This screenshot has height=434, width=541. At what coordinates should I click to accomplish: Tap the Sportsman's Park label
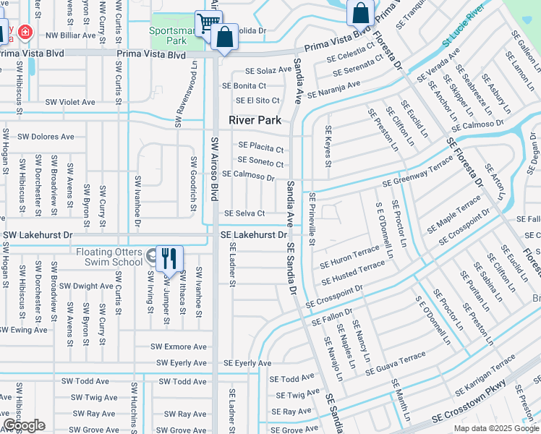click(x=168, y=36)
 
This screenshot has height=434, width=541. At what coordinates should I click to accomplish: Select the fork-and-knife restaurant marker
click(x=169, y=258)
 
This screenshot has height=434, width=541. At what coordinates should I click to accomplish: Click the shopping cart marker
click(x=208, y=22)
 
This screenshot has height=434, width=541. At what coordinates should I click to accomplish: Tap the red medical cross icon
click(x=25, y=33)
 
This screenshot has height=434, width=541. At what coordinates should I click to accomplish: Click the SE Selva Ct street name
click(x=244, y=213)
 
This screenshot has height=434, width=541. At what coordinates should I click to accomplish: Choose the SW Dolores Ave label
click(x=46, y=136)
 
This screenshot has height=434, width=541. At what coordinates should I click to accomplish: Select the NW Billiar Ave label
click(x=70, y=35)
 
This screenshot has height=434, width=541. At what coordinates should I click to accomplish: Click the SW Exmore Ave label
click(x=181, y=346)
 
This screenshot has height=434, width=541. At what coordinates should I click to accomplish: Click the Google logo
click(x=23, y=425)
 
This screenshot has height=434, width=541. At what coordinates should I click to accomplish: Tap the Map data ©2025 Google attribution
click(x=495, y=428)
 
